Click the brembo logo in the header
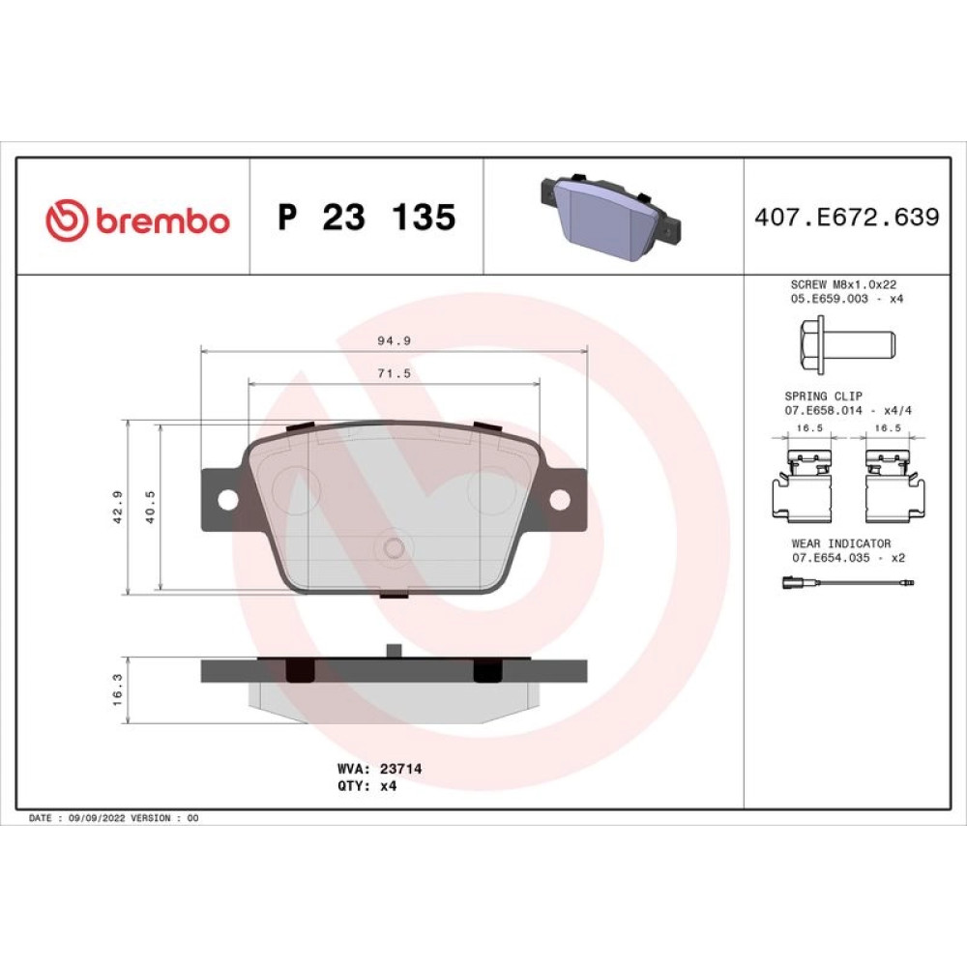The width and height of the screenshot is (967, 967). [x=137, y=220]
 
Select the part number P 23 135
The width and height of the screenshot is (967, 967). [x=366, y=217]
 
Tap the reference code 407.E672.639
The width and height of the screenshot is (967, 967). [x=847, y=217]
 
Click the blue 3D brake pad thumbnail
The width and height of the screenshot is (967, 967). [x=610, y=216]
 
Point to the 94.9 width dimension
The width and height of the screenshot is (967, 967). [x=395, y=340]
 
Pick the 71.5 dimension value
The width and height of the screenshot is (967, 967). [x=395, y=373]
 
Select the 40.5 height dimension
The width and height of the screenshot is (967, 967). [x=150, y=507]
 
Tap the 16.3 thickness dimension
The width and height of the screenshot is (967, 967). [x=118, y=689]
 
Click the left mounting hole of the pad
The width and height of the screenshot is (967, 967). [x=227, y=500]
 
